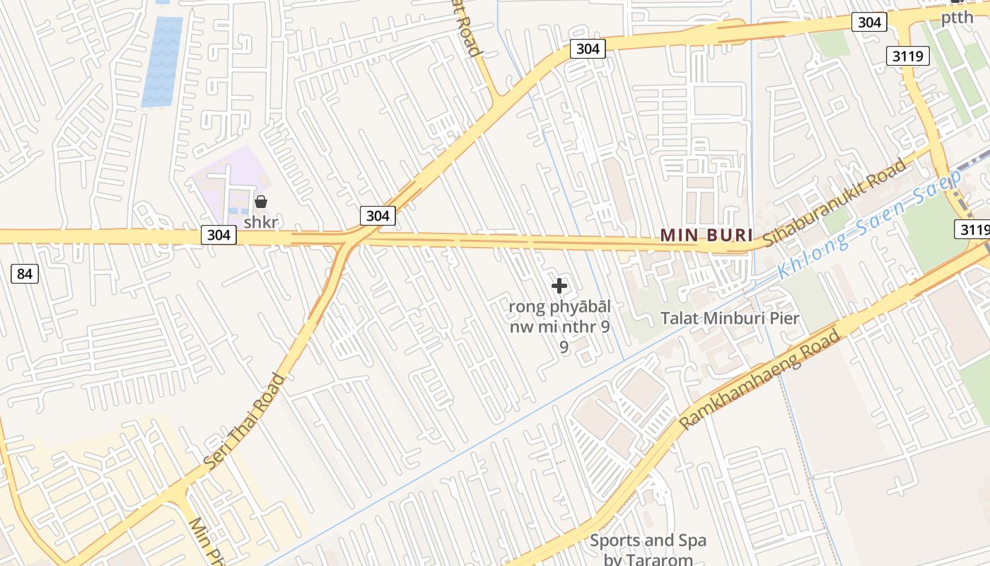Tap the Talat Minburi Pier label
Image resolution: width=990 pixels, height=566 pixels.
[x=730, y=318]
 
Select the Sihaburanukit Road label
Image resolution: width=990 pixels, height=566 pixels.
[x=834, y=203]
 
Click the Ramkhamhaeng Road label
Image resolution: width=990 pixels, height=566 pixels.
[x=760, y=379]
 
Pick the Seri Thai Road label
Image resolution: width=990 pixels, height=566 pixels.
[x=245, y=420]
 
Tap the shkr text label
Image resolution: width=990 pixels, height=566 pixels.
[x=260, y=222]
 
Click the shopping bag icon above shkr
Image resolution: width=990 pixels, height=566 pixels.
[x=261, y=202]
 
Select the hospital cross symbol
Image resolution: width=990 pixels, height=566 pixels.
[x=559, y=286]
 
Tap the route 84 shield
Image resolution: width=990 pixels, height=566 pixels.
[x=25, y=274]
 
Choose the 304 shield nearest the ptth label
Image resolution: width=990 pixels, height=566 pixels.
[x=869, y=22]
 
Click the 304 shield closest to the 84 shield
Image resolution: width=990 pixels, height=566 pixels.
[x=219, y=234]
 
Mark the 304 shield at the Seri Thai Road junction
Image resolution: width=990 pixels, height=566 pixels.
[x=378, y=216]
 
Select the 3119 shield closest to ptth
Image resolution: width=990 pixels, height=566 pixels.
[x=907, y=56]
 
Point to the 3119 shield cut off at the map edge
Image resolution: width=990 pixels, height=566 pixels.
[x=973, y=229]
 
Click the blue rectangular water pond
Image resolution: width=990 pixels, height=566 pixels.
[x=162, y=62]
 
